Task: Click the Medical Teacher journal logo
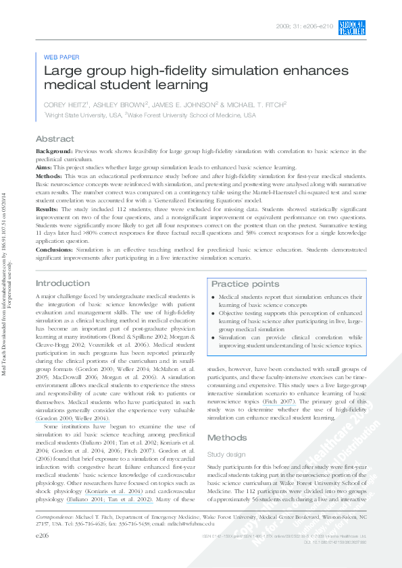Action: click(351, 28)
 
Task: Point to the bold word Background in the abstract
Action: click(53, 152)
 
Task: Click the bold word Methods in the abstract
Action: click(48, 175)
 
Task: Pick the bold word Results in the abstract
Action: click(47, 210)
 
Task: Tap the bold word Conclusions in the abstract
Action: click(55, 250)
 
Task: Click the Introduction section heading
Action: click(62, 283)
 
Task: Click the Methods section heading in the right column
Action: click(226, 419)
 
